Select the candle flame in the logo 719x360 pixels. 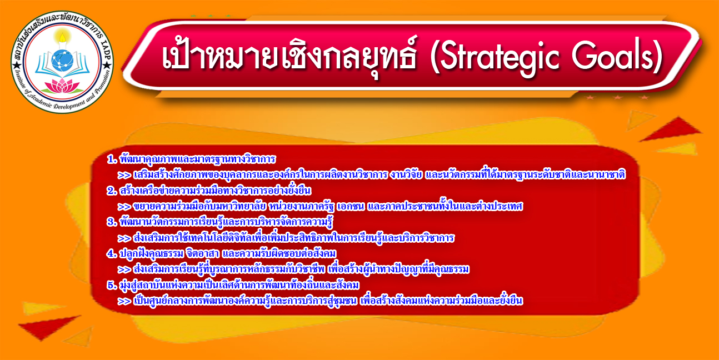coord(63,38)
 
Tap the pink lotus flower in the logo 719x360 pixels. coord(62,86)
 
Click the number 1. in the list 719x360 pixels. coord(112,159)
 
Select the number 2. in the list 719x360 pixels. coord(112,191)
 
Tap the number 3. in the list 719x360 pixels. coord(112,222)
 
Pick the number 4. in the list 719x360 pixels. coord(112,253)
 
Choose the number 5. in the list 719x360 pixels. coord(112,285)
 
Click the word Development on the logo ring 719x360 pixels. coord(69,104)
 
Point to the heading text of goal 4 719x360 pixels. coord(228,253)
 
